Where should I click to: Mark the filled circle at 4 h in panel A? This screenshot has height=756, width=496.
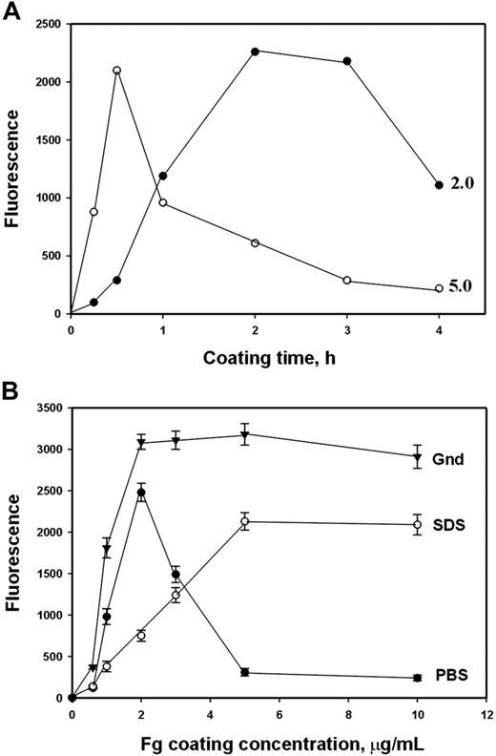[439, 185]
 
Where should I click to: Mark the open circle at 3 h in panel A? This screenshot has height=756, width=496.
[346, 281]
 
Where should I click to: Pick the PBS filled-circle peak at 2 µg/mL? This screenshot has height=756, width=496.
[141, 493]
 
